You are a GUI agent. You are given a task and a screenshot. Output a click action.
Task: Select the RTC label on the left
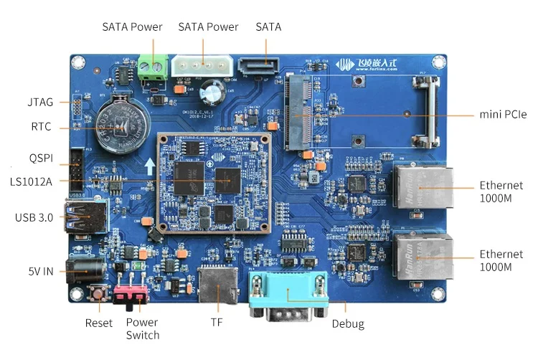[40, 128]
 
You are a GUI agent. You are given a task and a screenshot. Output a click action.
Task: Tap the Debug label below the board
[348, 324]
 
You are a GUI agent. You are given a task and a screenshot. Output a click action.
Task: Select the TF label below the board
[216, 323]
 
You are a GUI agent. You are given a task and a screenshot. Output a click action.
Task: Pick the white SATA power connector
[202, 65]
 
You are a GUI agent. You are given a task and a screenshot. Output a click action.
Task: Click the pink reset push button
[97, 293]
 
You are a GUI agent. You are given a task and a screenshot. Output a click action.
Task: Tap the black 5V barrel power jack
[82, 271]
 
